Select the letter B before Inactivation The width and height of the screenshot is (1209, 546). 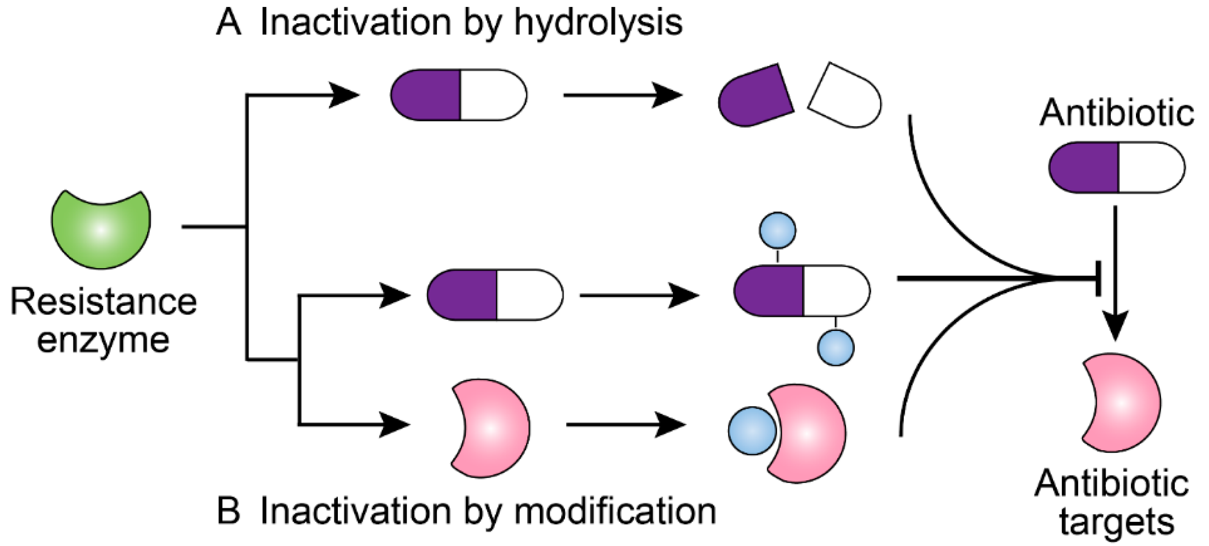[228, 512]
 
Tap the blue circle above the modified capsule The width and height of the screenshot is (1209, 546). [777, 230]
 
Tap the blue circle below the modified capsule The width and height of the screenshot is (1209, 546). [835, 348]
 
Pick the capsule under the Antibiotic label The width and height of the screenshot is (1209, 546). [1116, 167]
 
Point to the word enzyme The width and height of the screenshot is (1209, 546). [103, 340]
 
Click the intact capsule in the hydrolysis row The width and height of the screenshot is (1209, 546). [458, 95]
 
